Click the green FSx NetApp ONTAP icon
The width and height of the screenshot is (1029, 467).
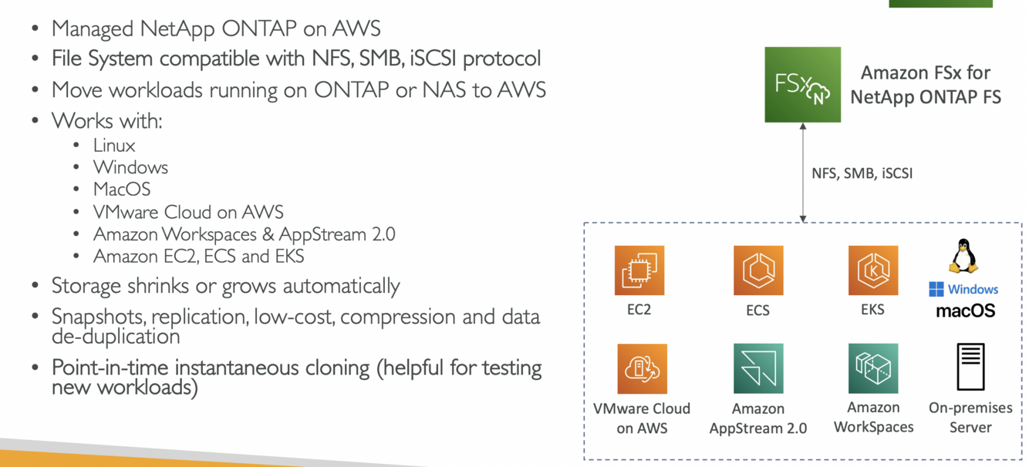(802, 85)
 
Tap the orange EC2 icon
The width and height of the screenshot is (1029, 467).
(639, 270)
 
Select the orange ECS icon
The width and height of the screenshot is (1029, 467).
(758, 270)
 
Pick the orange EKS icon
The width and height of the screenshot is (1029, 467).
(873, 270)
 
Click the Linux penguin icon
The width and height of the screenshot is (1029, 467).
(963, 256)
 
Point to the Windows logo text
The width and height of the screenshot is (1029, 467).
(963, 290)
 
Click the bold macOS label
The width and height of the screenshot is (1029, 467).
(965, 311)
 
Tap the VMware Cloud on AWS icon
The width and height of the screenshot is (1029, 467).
(642, 369)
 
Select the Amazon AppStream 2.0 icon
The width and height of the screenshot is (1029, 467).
(758, 369)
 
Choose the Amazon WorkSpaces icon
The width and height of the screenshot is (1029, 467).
(873, 369)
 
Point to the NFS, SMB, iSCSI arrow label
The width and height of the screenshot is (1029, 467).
(862, 173)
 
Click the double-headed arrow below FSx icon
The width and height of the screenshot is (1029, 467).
(803, 173)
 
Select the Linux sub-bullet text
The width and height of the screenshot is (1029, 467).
(114, 146)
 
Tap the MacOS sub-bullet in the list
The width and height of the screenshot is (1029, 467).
(122, 190)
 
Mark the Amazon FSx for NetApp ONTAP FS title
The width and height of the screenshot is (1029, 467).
(926, 85)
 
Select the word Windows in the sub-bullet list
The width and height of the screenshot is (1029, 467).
(130, 167)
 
